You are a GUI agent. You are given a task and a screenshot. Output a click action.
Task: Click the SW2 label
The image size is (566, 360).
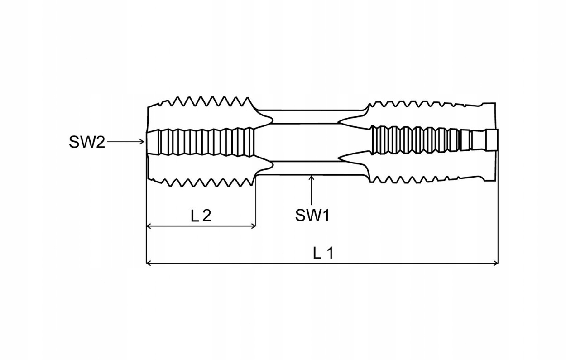coord(86,142)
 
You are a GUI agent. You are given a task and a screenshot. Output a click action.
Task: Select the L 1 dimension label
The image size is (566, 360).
coord(323,253)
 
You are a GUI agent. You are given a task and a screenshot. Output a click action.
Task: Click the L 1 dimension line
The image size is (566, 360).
coord(272,263)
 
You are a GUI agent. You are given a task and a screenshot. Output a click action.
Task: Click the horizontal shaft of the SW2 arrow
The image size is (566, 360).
coord(125,142)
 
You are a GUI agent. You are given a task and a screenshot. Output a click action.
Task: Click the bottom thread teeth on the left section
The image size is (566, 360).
coord(204,182)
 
